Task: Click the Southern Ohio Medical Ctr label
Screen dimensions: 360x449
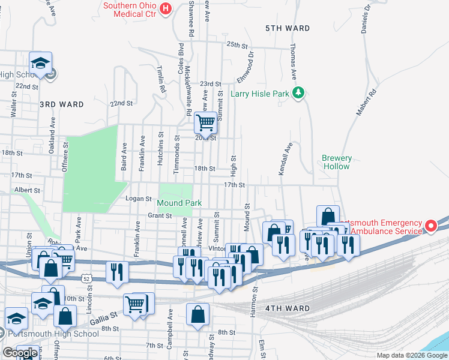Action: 129,10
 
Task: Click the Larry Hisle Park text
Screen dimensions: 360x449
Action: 260,94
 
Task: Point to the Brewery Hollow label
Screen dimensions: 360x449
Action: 336,162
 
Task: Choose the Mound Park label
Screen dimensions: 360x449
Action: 180,203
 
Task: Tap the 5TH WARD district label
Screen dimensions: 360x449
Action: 288,28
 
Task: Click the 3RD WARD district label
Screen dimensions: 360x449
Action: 62,104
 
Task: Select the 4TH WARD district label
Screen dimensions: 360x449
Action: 288,308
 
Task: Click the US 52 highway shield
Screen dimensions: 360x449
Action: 87,278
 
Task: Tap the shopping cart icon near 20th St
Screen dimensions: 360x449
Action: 205,123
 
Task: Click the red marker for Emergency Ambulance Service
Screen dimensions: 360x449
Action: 430,226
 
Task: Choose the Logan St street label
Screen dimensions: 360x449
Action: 138,198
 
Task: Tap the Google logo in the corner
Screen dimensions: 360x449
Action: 19,353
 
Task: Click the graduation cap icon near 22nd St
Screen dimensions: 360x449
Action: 41,62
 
